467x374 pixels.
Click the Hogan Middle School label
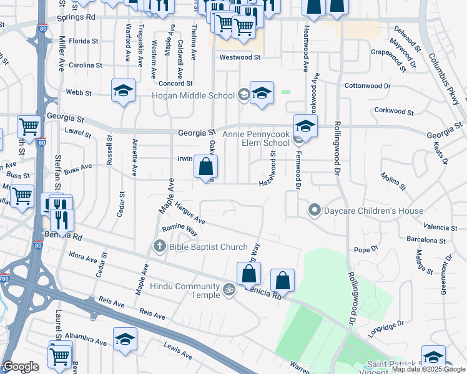[194, 95]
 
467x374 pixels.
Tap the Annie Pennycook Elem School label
[250, 138]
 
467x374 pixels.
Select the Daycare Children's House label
[373, 211]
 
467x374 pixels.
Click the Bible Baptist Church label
[208, 247]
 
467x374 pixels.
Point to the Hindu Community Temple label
[185, 290]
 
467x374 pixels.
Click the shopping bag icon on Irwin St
[206, 167]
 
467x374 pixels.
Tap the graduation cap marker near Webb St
[124, 91]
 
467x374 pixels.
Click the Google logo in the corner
[20, 367]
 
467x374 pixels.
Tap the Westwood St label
[240, 57]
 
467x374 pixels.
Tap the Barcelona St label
[425, 239]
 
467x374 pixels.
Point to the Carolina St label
[86, 65]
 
